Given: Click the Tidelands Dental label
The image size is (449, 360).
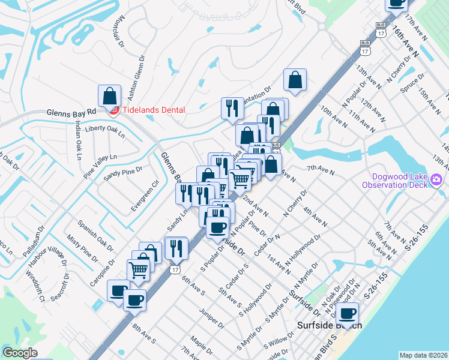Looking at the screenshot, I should pos(154,110).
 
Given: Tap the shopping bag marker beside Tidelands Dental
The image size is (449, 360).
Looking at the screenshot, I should pos(110,96).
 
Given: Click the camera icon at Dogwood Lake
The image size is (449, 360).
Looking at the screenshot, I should pos(436,179).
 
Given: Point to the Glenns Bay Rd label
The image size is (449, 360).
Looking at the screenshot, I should pos(71,112).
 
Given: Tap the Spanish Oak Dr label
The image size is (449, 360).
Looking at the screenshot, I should pos(95,235).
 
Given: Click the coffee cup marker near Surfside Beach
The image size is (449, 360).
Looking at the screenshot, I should pos(347,313).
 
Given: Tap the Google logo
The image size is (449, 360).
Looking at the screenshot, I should pos(20,353).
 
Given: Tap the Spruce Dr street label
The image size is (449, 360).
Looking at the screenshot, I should pos(412,83).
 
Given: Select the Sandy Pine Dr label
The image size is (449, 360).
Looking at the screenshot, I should pos(122,173).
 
